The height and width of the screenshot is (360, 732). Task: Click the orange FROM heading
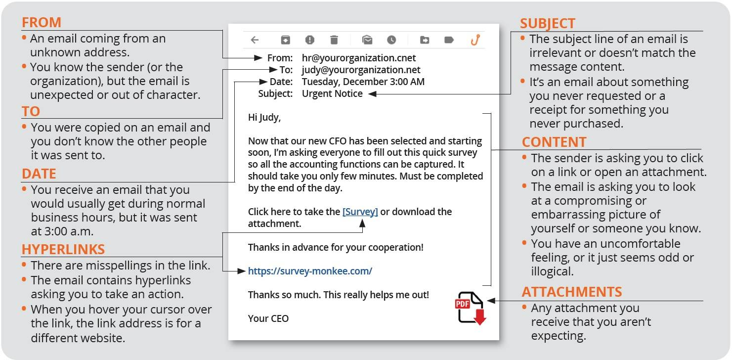click(42, 23)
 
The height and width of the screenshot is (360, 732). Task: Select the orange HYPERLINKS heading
click(63, 249)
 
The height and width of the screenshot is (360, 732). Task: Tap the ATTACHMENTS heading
click(572, 292)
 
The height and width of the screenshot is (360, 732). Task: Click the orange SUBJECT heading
click(547, 23)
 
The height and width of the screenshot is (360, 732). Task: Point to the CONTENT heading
click(554, 142)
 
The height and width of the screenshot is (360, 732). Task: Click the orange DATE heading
click(39, 174)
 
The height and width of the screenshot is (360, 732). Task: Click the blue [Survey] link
click(360, 212)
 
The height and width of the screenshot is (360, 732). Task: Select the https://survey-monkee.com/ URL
click(310, 271)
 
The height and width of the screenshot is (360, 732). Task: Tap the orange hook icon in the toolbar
click(475, 40)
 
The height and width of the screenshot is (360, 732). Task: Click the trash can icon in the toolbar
click(334, 40)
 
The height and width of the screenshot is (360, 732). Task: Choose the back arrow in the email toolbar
click(255, 40)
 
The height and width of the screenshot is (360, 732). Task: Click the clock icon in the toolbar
click(391, 40)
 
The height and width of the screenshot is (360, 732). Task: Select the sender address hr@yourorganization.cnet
click(359, 58)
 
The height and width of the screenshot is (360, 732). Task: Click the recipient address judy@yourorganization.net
click(361, 70)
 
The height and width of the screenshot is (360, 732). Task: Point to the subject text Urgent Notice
click(332, 93)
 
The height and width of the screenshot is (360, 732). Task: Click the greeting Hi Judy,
click(264, 117)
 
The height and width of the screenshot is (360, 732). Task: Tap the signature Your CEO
click(268, 318)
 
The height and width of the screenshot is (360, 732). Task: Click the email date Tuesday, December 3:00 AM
click(363, 82)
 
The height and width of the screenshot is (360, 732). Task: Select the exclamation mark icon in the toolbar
click(309, 40)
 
